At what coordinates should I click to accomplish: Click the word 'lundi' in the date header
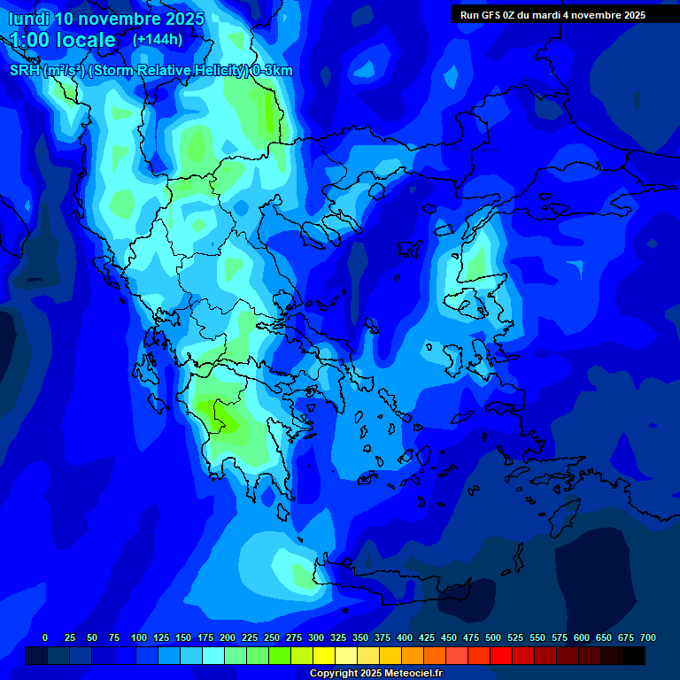pos(29,19)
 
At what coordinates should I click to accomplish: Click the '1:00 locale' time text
pos(63,40)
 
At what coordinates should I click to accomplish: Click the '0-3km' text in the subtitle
pos(273,71)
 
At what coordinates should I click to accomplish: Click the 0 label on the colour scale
pos(45,637)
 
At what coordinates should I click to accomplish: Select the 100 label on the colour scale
pos(139,637)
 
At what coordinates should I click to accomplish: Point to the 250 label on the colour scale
pos(272,637)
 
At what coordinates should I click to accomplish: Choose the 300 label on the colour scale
pos(316,637)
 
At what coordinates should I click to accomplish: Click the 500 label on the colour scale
pos(493,637)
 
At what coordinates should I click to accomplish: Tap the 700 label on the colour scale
pos(648,637)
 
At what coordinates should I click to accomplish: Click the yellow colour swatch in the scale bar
pos(324,656)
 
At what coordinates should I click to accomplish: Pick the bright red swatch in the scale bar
pos(501,656)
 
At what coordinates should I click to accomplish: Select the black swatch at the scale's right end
pos(634,656)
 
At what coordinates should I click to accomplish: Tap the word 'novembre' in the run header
pos(591,15)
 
